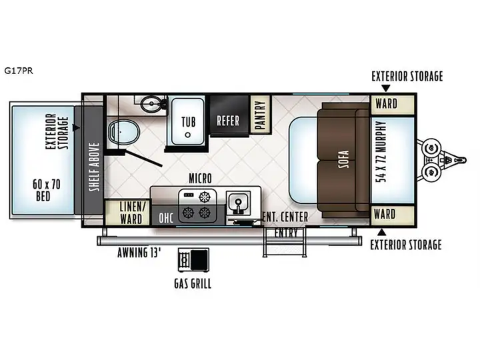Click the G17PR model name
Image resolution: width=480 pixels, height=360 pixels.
(19, 71)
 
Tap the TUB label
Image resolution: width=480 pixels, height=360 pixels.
(188, 122)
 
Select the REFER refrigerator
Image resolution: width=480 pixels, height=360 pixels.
(229, 115)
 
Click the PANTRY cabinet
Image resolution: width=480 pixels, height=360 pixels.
(260, 115)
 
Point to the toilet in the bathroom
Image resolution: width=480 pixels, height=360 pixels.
(124, 132)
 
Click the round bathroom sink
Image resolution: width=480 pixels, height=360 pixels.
(151, 104)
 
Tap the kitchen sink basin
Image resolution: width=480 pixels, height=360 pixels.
(238, 203)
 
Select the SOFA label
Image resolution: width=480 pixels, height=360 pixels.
(344, 159)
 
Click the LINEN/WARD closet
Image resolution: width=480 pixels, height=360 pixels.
(127, 213)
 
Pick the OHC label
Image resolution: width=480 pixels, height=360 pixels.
(166, 217)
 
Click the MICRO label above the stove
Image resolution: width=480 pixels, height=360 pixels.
(200, 178)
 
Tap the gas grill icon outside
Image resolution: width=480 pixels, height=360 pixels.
(194, 260)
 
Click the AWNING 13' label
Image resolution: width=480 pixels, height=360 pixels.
(139, 253)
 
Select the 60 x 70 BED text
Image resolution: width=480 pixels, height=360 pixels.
(46, 190)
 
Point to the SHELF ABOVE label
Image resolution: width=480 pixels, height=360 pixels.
(95, 167)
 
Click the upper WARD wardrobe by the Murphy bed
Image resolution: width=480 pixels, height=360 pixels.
(392, 105)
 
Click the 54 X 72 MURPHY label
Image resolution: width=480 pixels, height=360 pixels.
(381, 151)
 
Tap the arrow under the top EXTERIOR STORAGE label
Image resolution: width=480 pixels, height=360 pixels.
(386, 88)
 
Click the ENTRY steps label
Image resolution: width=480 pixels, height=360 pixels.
(285, 233)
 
